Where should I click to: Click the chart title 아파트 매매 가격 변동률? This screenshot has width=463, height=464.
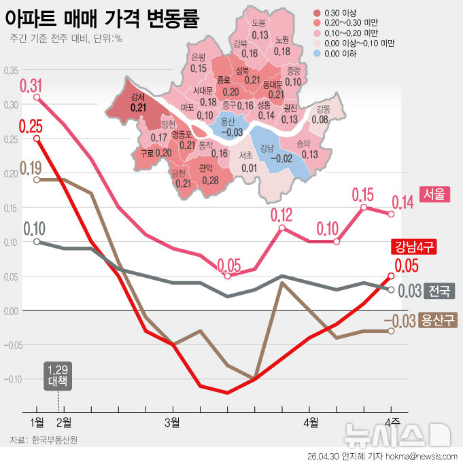[101, 17]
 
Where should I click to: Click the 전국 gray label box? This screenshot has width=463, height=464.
[439, 291]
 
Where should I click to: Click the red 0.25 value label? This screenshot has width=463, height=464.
[31, 126]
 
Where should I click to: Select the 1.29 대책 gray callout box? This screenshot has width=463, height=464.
[58, 375]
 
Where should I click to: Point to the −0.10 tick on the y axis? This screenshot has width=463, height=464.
[12, 379]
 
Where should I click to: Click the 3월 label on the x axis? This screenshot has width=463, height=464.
[173, 423]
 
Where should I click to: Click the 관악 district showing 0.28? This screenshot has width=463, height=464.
[209, 174]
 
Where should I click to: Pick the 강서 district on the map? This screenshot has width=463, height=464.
[138, 103]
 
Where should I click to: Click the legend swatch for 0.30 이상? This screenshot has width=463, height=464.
[317, 12]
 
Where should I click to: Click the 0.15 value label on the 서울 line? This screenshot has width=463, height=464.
[364, 195]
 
